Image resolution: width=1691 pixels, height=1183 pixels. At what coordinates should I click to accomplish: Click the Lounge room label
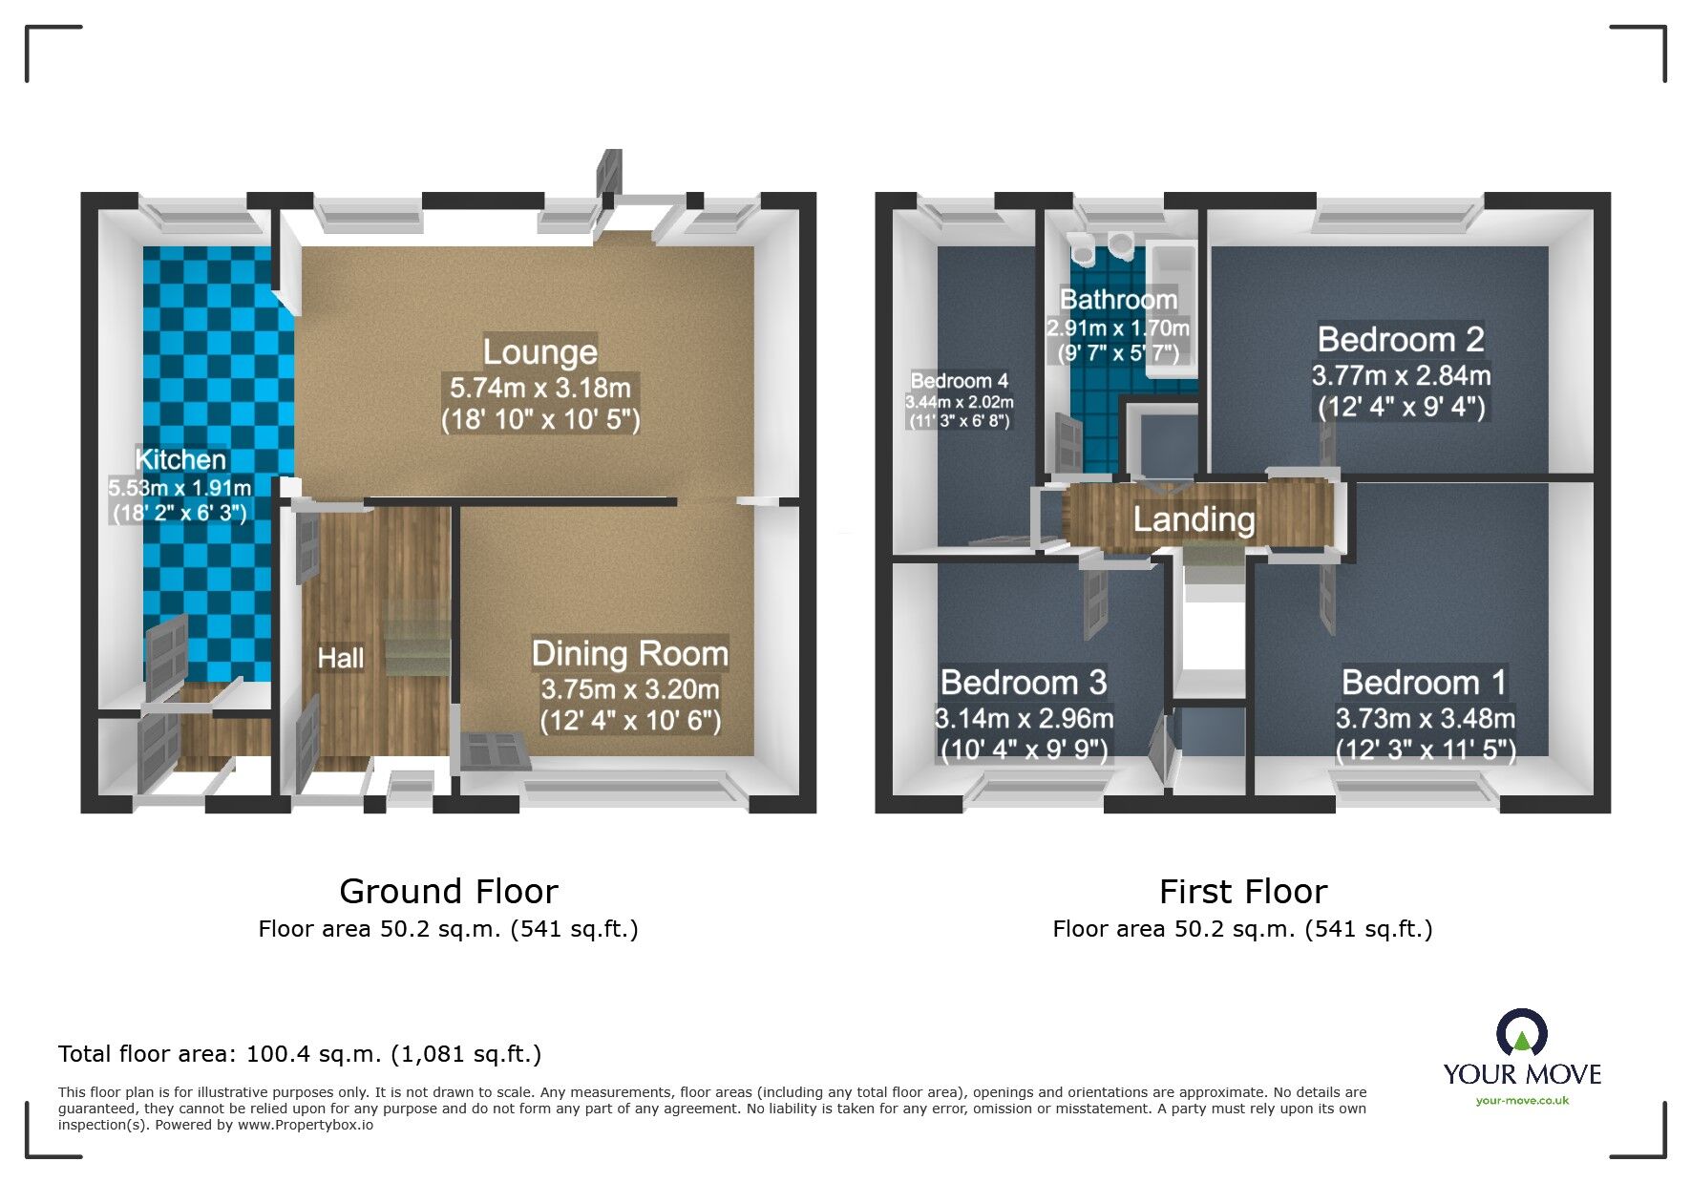pos(539,352)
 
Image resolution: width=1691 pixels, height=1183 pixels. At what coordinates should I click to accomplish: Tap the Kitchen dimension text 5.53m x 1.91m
pos(180,488)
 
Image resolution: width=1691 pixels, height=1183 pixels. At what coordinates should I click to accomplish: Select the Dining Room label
pos(629,654)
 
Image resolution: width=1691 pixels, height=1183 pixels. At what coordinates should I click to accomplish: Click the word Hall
pos(340,658)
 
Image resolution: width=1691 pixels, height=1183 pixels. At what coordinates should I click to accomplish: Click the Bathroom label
pos(1118,300)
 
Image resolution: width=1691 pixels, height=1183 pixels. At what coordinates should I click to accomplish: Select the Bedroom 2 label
pos(1400,340)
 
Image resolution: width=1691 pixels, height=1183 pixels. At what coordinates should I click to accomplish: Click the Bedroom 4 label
pos(959,381)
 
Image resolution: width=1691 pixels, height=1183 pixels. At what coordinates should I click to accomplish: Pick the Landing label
pos(1194,519)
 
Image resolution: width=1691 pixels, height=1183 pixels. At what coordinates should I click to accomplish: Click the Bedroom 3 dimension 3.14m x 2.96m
pos(1024,719)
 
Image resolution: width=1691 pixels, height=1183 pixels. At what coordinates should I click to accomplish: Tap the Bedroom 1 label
pos(1424,683)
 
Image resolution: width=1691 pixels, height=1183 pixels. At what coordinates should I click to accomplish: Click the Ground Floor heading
pos(448,892)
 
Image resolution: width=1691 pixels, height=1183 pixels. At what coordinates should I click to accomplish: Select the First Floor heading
pos(1242,892)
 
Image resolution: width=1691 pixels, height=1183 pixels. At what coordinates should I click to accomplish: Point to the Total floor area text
pos(299,1054)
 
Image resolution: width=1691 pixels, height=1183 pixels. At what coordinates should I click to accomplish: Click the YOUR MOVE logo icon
pos(1521,1033)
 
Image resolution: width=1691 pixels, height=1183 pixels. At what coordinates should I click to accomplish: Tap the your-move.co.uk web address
pos(1522,1101)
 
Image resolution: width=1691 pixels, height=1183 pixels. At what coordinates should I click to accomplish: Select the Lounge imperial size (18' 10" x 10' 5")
pos(540,420)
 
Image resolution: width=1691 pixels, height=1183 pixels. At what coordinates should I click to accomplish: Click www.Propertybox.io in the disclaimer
pos(305,1126)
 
